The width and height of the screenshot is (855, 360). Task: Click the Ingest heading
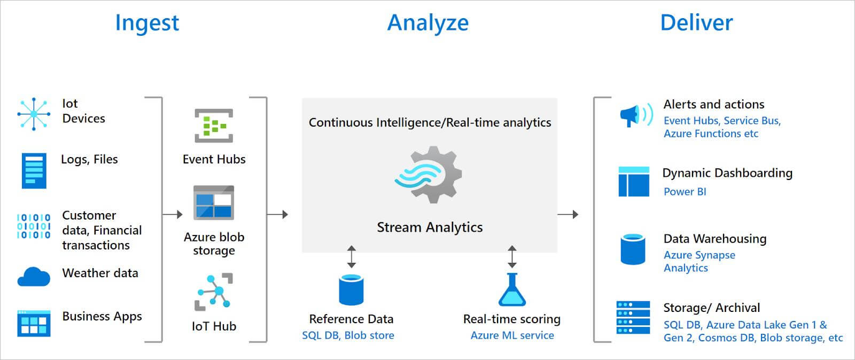pyautogui.click(x=147, y=23)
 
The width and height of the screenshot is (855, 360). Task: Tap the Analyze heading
pyautogui.click(x=428, y=23)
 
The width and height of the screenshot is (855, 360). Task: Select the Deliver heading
pyautogui.click(x=696, y=23)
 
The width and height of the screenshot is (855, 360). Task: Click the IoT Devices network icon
pyautogui.click(x=34, y=114)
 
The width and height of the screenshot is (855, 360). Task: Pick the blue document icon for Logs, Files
pyautogui.click(x=34, y=171)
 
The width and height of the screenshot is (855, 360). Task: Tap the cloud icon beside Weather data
pyautogui.click(x=34, y=277)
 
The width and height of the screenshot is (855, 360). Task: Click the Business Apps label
pyautogui.click(x=102, y=316)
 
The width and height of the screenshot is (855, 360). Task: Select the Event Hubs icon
pyautogui.click(x=214, y=126)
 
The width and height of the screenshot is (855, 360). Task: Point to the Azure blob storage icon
pyautogui.click(x=214, y=202)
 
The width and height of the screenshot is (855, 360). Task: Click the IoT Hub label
pyautogui.click(x=214, y=326)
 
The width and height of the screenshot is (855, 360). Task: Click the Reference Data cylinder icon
pyautogui.click(x=351, y=289)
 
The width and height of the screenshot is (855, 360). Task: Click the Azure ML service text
pyautogui.click(x=512, y=335)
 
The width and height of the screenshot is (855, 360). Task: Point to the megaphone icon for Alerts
pyautogui.click(x=635, y=114)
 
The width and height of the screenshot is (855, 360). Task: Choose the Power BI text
pyautogui.click(x=685, y=192)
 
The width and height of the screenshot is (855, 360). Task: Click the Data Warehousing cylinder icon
pyautogui.click(x=633, y=249)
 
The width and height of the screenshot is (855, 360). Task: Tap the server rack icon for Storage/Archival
pyautogui.click(x=633, y=317)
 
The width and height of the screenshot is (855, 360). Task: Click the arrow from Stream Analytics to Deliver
pyautogui.click(x=568, y=214)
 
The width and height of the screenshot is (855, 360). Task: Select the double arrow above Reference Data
pyautogui.click(x=351, y=256)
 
